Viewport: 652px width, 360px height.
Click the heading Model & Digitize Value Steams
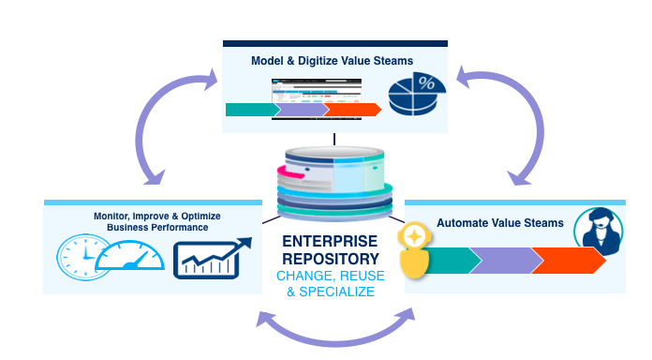click(x=332, y=61)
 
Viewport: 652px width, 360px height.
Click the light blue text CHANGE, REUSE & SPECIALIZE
click(x=327, y=284)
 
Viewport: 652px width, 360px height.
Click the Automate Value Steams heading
click(x=499, y=223)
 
